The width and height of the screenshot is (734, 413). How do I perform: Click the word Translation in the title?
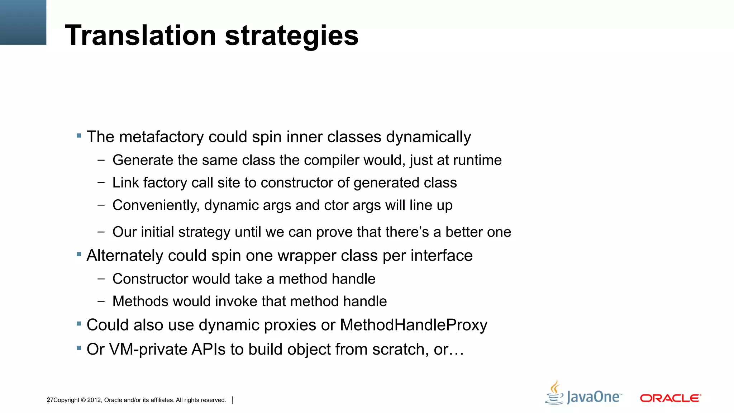click(140, 35)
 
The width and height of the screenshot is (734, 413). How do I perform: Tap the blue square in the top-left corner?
click(23, 22)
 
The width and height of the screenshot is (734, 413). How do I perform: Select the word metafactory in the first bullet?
click(161, 137)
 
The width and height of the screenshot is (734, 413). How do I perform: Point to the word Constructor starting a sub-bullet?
click(151, 279)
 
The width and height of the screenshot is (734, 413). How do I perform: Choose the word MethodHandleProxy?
click(414, 325)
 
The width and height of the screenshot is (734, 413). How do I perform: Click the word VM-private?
click(148, 350)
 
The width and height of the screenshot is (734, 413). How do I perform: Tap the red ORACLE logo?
click(670, 398)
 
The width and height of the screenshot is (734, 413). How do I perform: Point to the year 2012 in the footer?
click(94, 400)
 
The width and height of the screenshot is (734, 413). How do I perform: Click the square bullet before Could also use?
click(79, 324)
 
